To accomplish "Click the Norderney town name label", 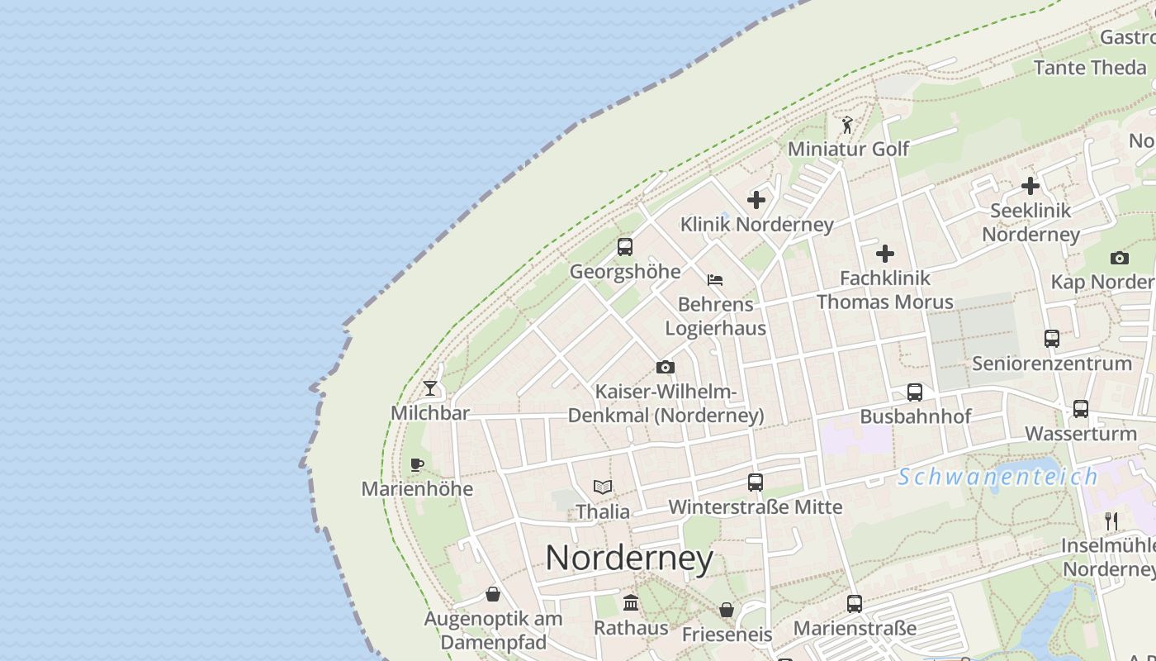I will pos(629,559).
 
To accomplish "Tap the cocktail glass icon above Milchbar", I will pos(430,388).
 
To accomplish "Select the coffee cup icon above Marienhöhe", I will pos(417,464).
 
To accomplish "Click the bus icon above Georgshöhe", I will pos(625,246).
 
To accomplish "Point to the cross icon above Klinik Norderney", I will pos(756,200).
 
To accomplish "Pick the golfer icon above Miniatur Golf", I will pos(847,125).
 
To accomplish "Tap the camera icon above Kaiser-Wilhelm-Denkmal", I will pos(666,367).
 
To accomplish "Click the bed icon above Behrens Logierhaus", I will pos(715,280).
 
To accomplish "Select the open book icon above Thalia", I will pos(603,487).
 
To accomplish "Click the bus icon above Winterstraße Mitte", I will pos(756,483).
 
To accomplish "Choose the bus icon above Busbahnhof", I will pos(915,392).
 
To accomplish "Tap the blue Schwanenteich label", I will pos(998,477).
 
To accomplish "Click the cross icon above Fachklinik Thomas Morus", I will pos(885,254).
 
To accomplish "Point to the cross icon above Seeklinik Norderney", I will pos(1030,186).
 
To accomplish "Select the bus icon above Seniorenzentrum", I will pos(1052,339).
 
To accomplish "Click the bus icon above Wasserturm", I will pos(1081,409).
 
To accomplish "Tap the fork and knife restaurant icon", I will pos(1111,521).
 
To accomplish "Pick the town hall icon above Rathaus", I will pos(631,603).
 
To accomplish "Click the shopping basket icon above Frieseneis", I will pos(727,610).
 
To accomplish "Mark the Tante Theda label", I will pos(1090,68).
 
